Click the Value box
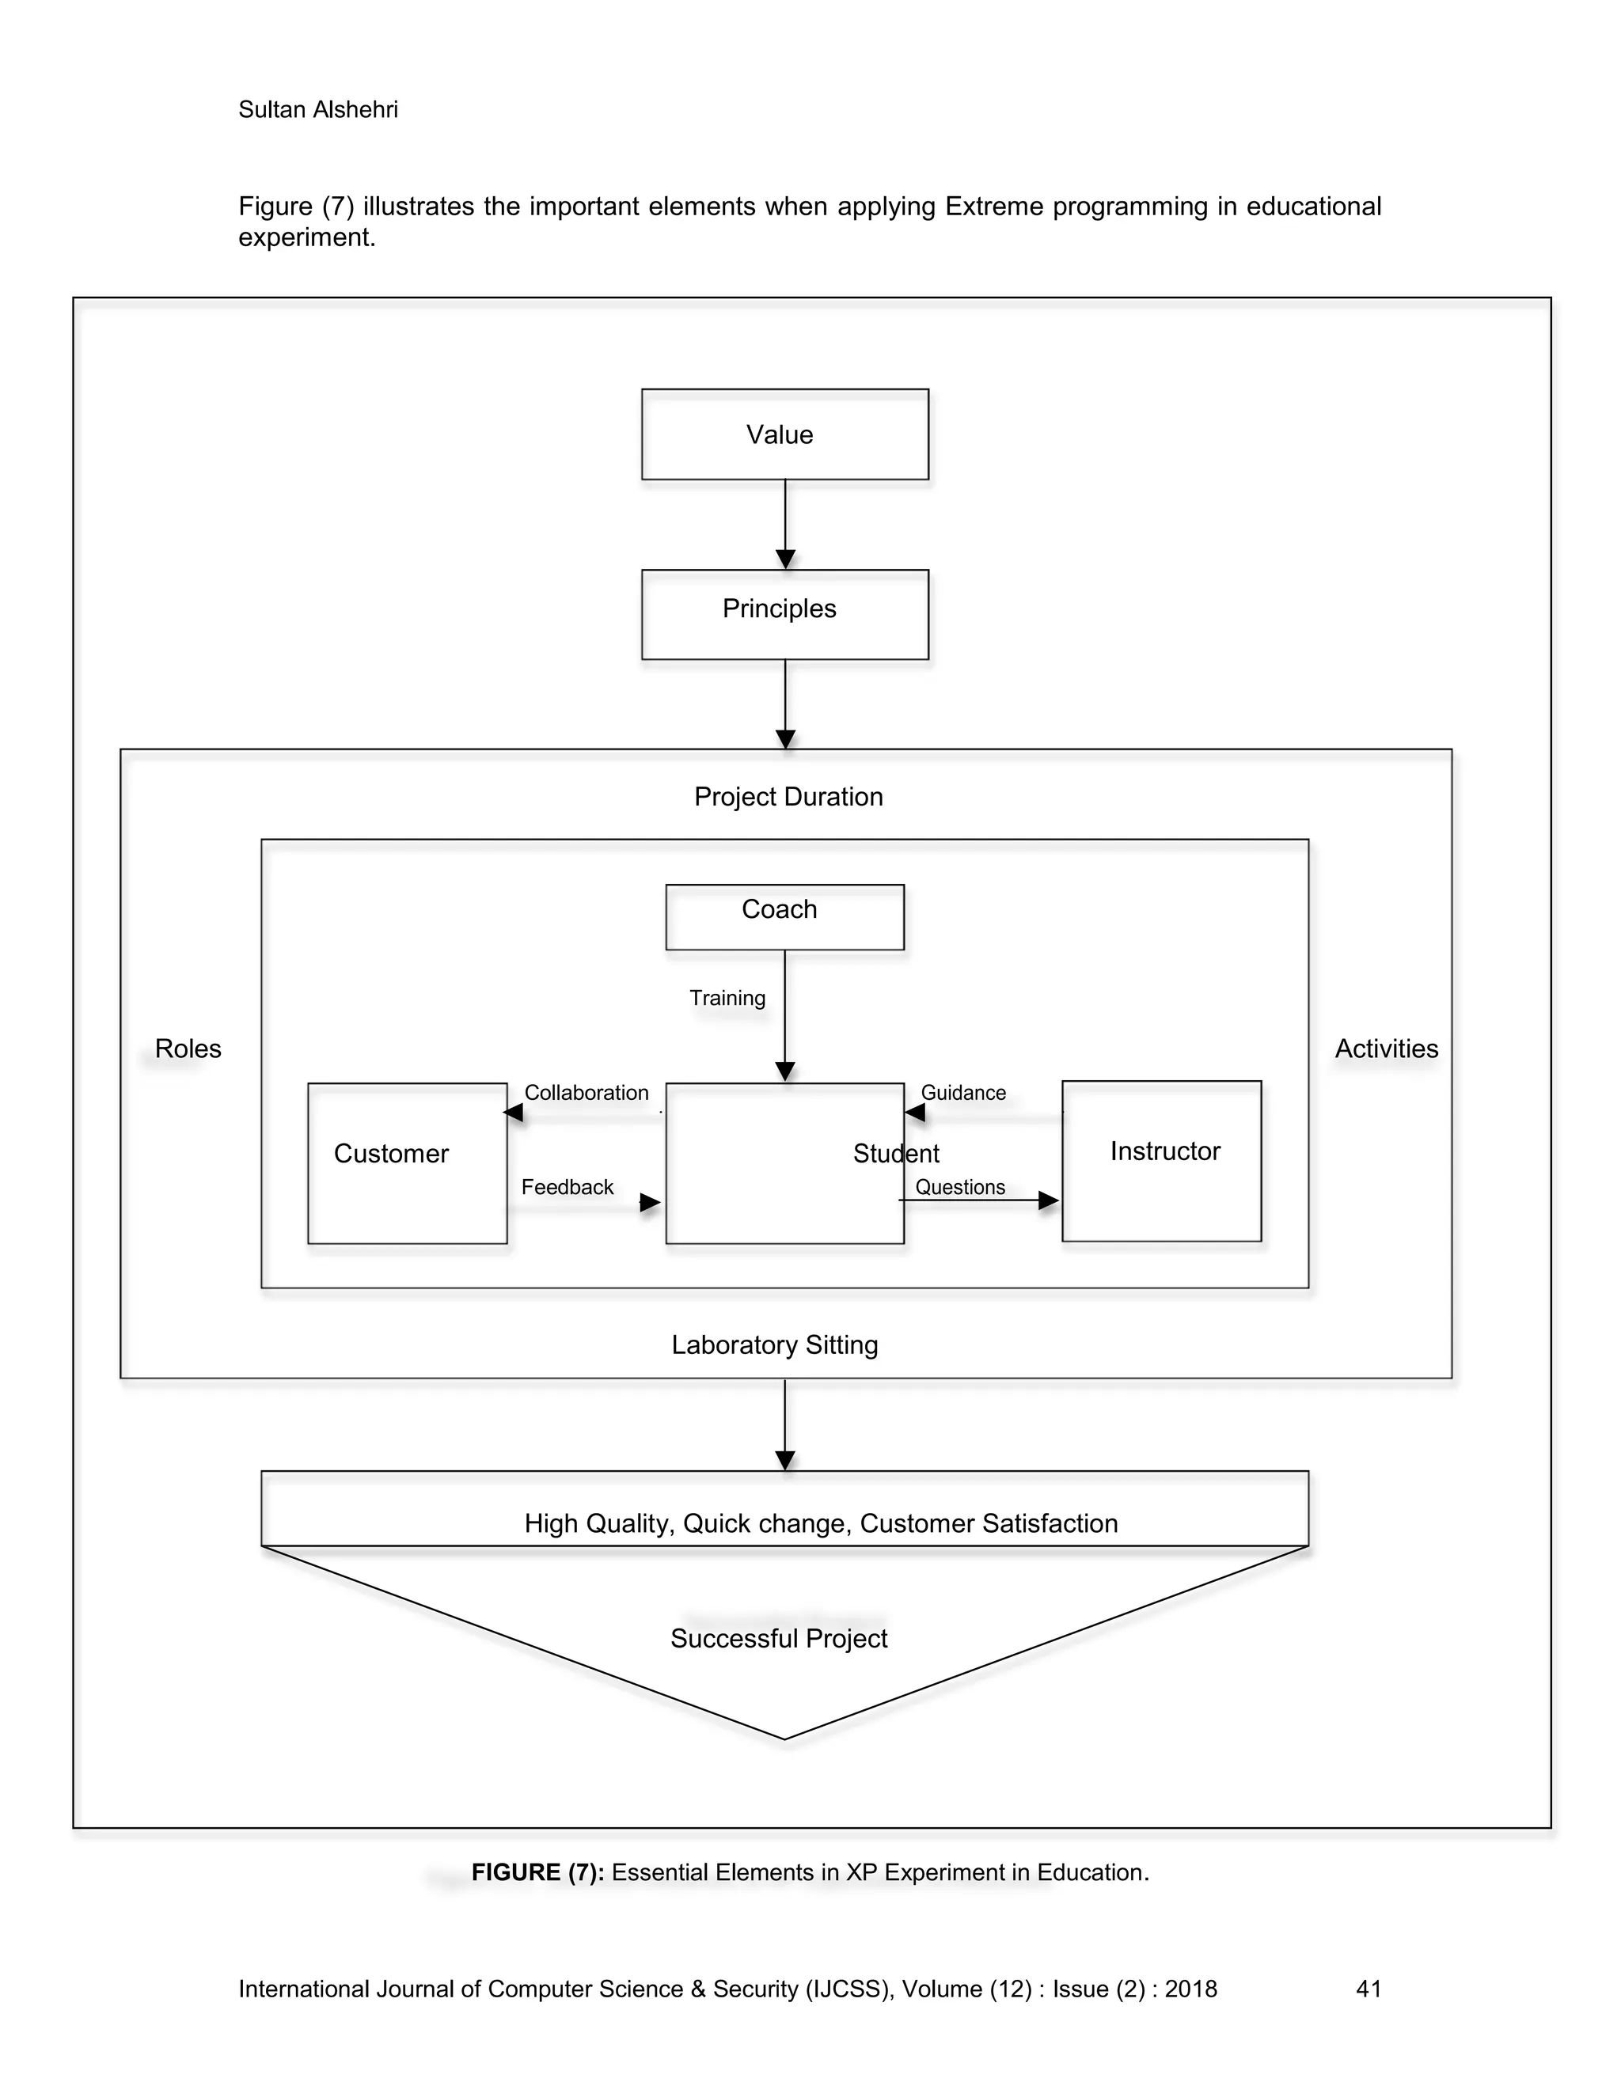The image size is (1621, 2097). [784, 434]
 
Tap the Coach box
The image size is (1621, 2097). [784, 916]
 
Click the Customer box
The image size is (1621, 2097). [407, 1162]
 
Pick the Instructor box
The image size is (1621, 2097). [1161, 1160]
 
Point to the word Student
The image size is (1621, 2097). [895, 1153]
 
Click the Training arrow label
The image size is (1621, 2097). [727, 998]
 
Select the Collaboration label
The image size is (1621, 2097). [586, 1093]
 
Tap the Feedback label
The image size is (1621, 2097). [567, 1187]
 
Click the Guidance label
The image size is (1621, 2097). [963, 1093]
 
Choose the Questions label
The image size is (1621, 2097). [959, 1187]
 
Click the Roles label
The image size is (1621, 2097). [188, 1048]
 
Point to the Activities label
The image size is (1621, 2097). [1386, 1048]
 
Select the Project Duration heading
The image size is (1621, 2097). [788, 797]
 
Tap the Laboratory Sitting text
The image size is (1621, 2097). [774, 1344]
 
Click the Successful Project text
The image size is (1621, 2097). [778, 1638]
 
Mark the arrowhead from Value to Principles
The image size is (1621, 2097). [784, 559]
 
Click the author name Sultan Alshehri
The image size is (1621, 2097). [318, 109]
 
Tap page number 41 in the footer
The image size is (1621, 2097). [1368, 1989]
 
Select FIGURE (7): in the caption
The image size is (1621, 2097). [537, 1872]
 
